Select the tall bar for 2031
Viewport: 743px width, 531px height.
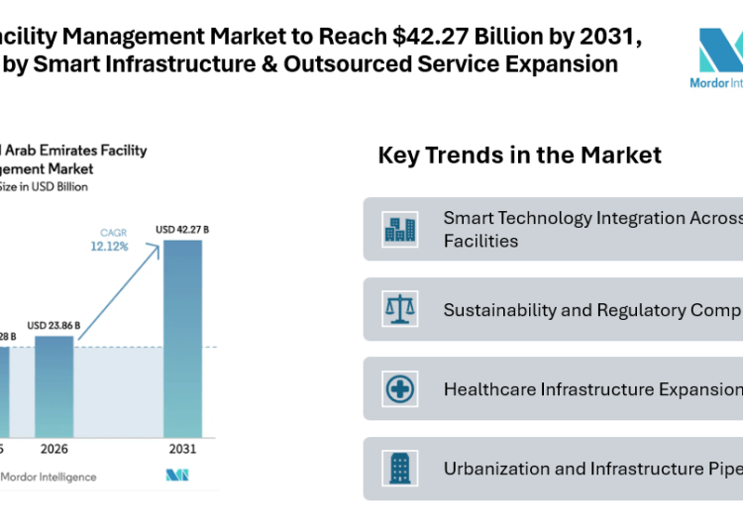182,337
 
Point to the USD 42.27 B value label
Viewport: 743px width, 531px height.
182,231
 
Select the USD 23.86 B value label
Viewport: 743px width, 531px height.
53,325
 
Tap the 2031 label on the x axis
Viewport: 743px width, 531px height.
182,449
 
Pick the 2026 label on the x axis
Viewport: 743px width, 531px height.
53,449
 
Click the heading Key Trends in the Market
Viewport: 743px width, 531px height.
519,156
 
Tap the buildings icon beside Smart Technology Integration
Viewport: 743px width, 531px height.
400,229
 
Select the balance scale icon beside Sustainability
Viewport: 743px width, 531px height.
400,309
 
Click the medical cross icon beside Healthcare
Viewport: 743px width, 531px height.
400,388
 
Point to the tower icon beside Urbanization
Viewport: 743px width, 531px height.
400,469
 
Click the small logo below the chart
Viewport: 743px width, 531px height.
177,477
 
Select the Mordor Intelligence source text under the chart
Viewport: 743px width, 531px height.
49,477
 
